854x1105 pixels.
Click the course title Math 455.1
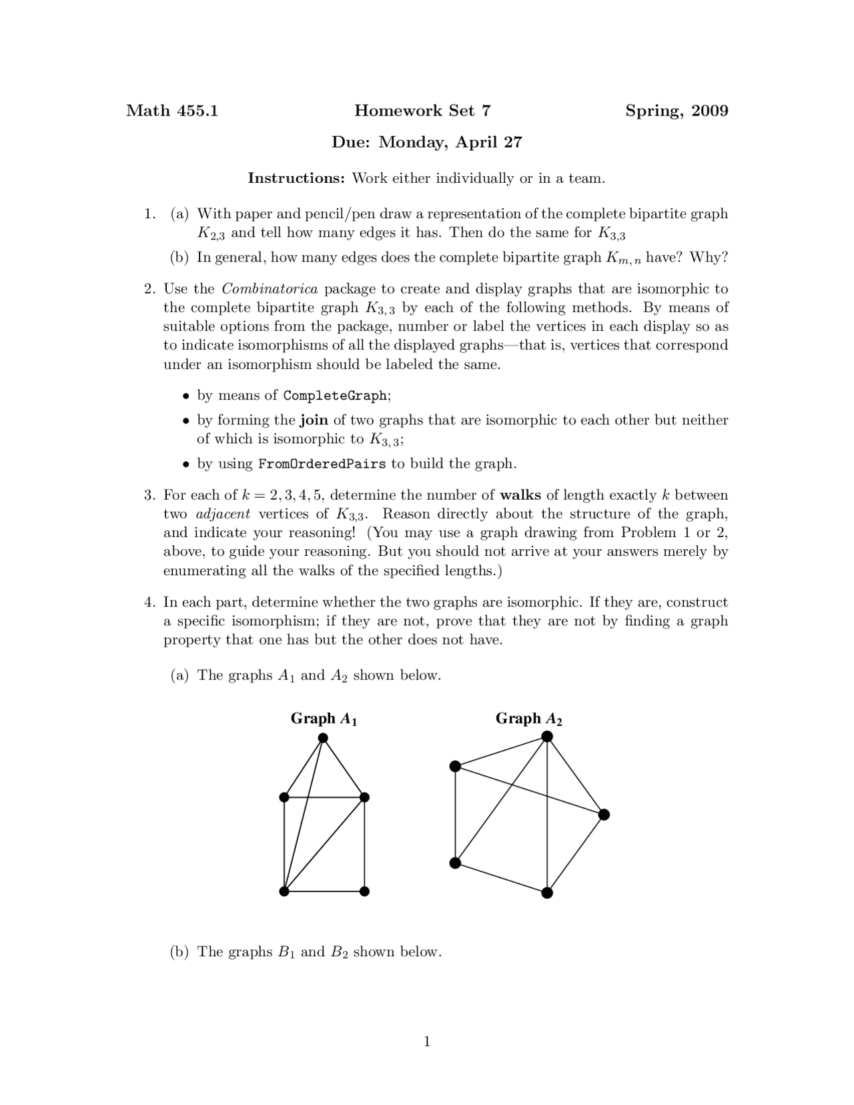click(172, 111)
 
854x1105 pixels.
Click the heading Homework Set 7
click(422, 111)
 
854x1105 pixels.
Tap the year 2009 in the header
click(709, 111)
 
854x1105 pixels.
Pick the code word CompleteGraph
click(335, 396)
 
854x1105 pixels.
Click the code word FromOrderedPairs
click(322, 464)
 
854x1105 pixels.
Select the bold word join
click(314, 420)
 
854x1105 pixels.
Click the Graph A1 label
click(324, 719)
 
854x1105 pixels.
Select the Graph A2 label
click(528, 719)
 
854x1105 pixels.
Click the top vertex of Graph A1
click(323, 738)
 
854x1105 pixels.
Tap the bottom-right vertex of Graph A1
click(364, 891)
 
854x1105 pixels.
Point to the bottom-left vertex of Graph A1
click(284, 891)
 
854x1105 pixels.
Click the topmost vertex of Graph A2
click(547, 737)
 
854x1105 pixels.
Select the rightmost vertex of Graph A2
click(604, 815)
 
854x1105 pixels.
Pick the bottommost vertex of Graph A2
click(547, 893)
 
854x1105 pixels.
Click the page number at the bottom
click(427, 1042)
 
